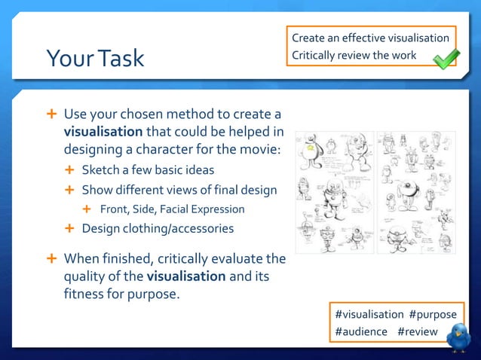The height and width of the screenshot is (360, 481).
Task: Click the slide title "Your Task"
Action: click(95, 58)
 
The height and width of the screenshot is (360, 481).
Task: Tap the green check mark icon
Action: click(446, 57)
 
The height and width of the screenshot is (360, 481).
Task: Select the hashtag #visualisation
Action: click(369, 314)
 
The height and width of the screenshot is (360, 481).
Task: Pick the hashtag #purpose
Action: click(433, 314)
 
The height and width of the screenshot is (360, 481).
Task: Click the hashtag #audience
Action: click(361, 331)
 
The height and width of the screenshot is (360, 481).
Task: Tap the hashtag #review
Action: click(417, 331)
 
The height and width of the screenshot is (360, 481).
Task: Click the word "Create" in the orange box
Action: click(308, 38)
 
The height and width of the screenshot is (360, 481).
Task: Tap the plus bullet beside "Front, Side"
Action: click(86, 209)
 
